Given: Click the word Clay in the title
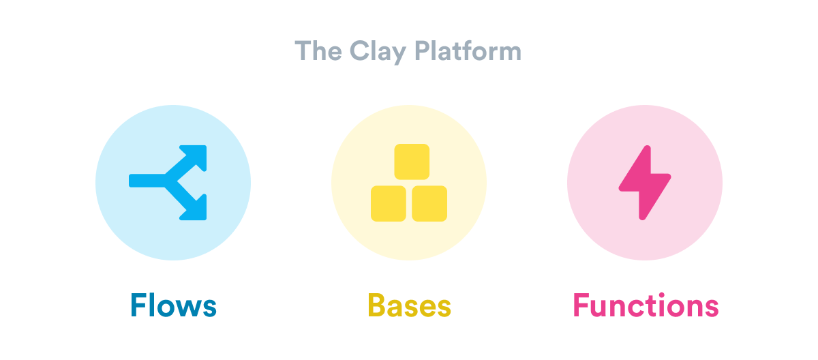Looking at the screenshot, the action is pyautogui.click(x=378, y=52).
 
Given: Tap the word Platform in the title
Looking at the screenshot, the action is pyautogui.click(x=468, y=50).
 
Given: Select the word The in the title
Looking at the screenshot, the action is pyautogui.click(x=318, y=50).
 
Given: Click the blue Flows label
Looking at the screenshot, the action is pyautogui.click(x=173, y=305).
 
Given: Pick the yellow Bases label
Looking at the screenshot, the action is pyautogui.click(x=410, y=305).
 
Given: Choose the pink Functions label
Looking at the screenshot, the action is pyautogui.click(x=646, y=305).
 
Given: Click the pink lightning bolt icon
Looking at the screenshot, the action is pyautogui.click(x=645, y=183).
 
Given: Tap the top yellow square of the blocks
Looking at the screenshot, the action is pyautogui.click(x=412, y=162).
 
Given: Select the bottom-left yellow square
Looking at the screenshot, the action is pyautogui.click(x=389, y=203).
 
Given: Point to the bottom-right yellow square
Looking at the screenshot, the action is pyautogui.click(x=429, y=203).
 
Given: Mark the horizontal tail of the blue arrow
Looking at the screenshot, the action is pyautogui.click(x=147, y=181).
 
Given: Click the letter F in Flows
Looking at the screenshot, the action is pyautogui.click(x=138, y=305).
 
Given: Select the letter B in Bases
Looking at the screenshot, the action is pyautogui.click(x=376, y=305).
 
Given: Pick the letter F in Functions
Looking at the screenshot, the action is pyautogui.click(x=581, y=305).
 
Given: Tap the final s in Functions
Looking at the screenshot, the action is pyautogui.click(x=712, y=307).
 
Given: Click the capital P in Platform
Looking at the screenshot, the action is pyautogui.click(x=423, y=50).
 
